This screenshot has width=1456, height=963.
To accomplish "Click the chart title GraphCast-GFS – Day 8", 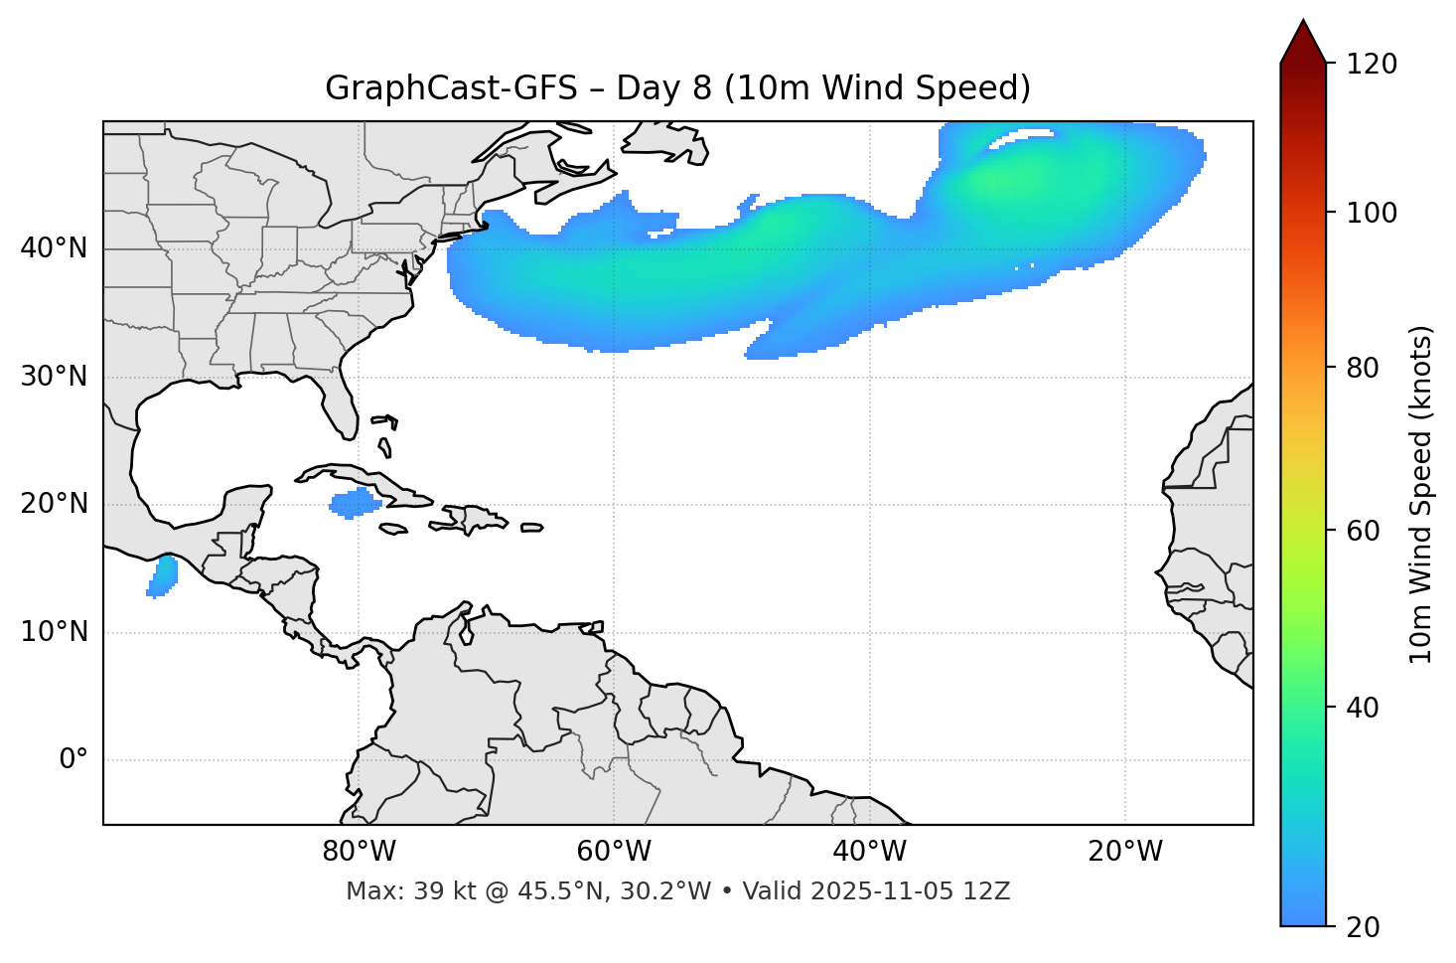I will click(x=677, y=88).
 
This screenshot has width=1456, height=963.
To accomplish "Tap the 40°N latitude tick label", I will click(x=54, y=248).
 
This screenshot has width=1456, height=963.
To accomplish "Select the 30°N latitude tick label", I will click(x=54, y=377).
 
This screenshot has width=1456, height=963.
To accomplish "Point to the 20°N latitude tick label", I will click(x=54, y=504).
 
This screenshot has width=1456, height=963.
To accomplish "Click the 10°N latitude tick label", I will click(x=54, y=632).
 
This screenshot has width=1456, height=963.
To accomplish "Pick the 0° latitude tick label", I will click(x=73, y=760).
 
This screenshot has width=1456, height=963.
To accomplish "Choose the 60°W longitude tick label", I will click(x=613, y=852).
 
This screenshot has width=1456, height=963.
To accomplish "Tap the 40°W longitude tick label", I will click(x=869, y=852).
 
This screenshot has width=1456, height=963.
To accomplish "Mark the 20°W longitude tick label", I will click(x=1124, y=852).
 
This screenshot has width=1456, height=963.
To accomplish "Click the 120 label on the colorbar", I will click(x=1372, y=64).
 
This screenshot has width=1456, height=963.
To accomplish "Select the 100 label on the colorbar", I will click(x=1372, y=213).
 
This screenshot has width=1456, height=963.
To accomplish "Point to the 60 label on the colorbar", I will click(x=1365, y=531).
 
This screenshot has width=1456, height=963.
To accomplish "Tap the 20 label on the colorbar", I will click(x=1365, y=927).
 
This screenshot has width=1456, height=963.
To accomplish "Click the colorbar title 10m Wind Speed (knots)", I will click(x=1421, y=494).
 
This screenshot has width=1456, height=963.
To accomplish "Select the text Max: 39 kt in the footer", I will click(x=391, y=891).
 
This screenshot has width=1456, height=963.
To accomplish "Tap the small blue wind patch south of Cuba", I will click(x=355, y=503).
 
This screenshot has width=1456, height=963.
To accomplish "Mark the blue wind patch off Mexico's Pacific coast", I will click(x=163, y=576).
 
